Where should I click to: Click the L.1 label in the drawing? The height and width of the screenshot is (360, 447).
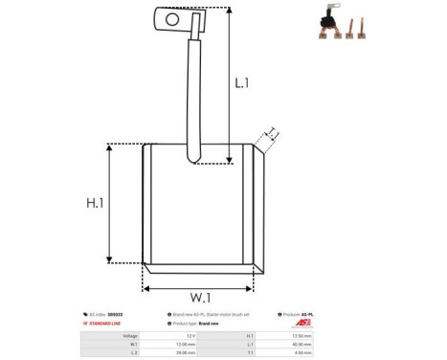click(x=242, y=83)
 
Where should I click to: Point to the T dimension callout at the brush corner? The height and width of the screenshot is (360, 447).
click(x=271, y=134)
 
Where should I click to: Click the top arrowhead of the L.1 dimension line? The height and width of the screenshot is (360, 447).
click(x=230, y=10)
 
